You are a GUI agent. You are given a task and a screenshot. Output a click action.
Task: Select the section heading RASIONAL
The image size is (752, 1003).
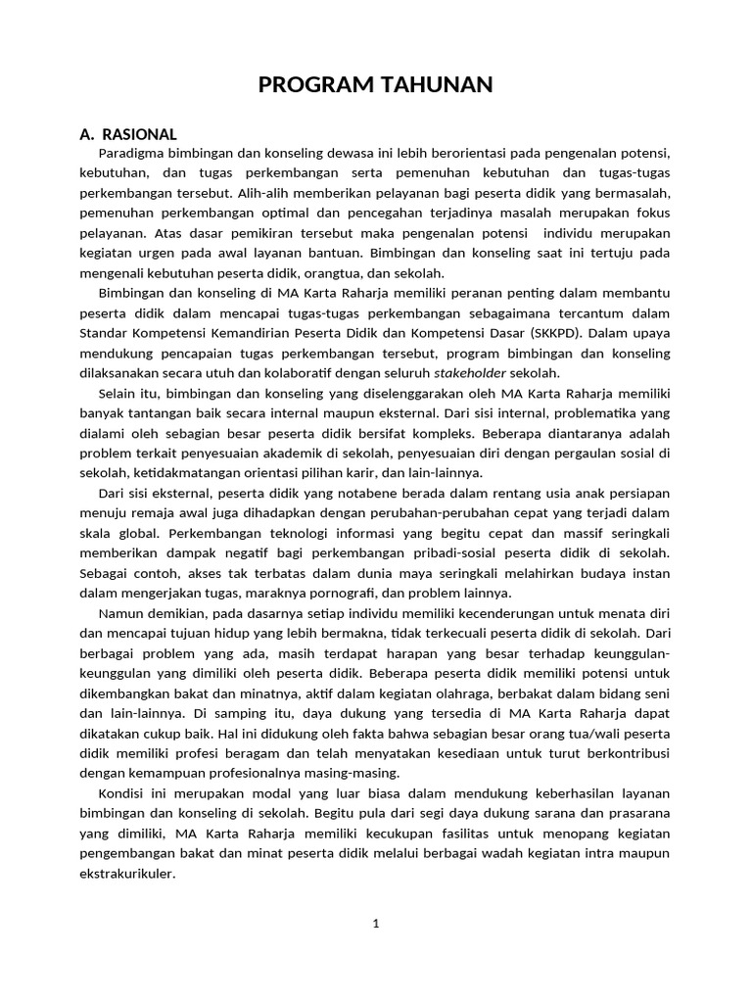pyautogui.click(x=142, y=134)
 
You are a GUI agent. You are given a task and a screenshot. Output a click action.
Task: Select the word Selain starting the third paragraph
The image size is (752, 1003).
pyautogui.click(x=119, y=393)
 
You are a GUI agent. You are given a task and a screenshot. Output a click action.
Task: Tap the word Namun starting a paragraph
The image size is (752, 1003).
pyautogui.click(x=121, y=612)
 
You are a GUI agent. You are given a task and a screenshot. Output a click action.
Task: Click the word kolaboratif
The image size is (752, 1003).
pyautogui.click(x=285, y=373)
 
